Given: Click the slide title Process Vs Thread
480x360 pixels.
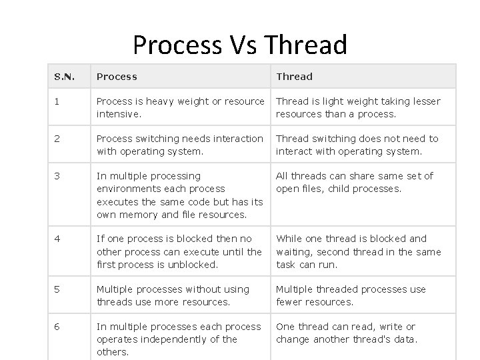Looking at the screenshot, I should pos(240,45).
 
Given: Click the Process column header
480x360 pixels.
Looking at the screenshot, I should pos(117,77).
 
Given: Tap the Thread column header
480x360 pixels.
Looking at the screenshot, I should pos(294,77).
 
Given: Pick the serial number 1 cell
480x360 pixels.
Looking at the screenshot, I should pos(57,101).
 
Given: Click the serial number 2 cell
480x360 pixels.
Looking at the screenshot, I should pos(57,139).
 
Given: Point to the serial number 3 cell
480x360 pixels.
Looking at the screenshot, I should pos(57,176).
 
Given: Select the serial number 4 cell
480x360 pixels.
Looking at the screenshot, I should pos(57,239).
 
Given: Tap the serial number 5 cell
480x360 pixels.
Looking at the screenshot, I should pos(57,289).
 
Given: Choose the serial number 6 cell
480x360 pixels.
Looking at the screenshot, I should pos(57,327).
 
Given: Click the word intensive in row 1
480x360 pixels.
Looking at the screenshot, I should pos(118,114).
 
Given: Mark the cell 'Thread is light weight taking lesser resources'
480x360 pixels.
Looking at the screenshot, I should pos(358,107).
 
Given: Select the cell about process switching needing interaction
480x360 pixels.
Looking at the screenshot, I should pos(180,145).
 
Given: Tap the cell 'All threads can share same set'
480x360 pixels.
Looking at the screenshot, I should pos(355,182).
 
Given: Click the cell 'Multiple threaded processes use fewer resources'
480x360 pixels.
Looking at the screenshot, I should pos(351,295).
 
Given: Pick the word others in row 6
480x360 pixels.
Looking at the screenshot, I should pos(113,352).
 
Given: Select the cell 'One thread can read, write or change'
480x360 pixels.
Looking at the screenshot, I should pos(347,333).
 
